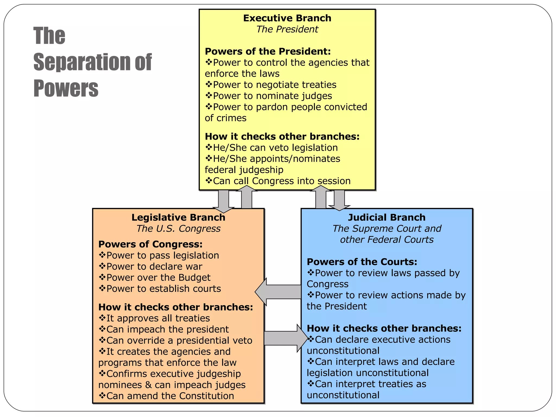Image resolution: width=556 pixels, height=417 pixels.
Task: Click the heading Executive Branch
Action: pos(287,18)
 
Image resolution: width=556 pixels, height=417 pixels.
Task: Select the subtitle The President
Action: pos(287,29)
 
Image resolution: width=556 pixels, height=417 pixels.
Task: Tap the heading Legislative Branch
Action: pos(178,217)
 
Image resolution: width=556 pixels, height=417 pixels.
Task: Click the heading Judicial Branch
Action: pos(387,217)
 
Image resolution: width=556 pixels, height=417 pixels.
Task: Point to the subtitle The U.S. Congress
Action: pos(178,229)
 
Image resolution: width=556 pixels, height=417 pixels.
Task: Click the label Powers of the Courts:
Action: pos(362,262)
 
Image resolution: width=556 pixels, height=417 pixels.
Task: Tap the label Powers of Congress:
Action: pos(150,244)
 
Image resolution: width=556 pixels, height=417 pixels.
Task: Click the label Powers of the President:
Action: pos(268,51)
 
